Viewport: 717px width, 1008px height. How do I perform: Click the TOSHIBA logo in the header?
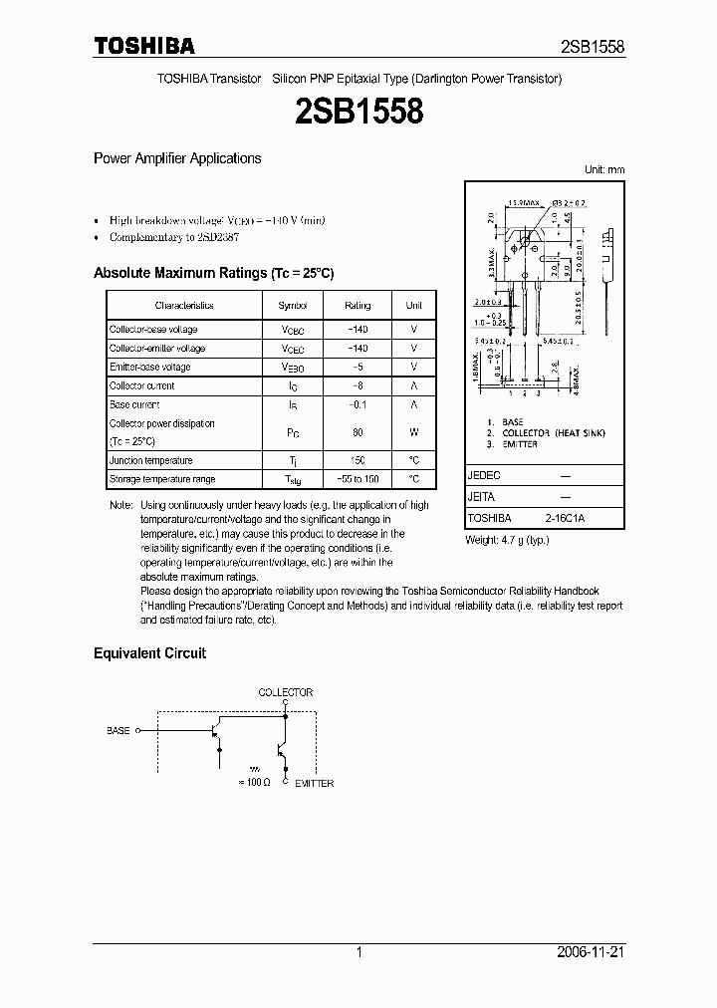point(144,46)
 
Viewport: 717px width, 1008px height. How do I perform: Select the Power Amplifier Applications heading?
point(177,158)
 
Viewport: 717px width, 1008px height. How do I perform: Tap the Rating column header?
point(358,306)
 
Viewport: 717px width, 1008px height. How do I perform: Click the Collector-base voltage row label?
point(153,330)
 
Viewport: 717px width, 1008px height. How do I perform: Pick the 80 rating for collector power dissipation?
point(358,432)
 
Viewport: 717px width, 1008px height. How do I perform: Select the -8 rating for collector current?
point(358,385)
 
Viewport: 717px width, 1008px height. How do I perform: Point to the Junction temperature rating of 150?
point(358,460)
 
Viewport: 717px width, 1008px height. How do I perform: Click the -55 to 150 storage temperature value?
point(358,479)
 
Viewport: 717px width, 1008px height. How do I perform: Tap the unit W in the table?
point(413,432)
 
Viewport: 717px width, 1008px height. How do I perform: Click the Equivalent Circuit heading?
point(149,653)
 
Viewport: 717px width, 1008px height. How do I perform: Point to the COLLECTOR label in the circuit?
point(286,692)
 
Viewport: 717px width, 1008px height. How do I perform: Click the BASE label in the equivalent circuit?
point(119,730)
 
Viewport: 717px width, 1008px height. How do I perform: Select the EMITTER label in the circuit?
point(314,783)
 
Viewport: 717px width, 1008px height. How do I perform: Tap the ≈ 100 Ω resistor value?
point(256,783)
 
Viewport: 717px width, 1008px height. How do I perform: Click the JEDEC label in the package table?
point(484,476)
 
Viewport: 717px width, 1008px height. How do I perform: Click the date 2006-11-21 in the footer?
point(592,952)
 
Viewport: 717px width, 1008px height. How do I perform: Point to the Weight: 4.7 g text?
point(508,540)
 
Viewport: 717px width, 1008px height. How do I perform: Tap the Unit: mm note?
point(603,169)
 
